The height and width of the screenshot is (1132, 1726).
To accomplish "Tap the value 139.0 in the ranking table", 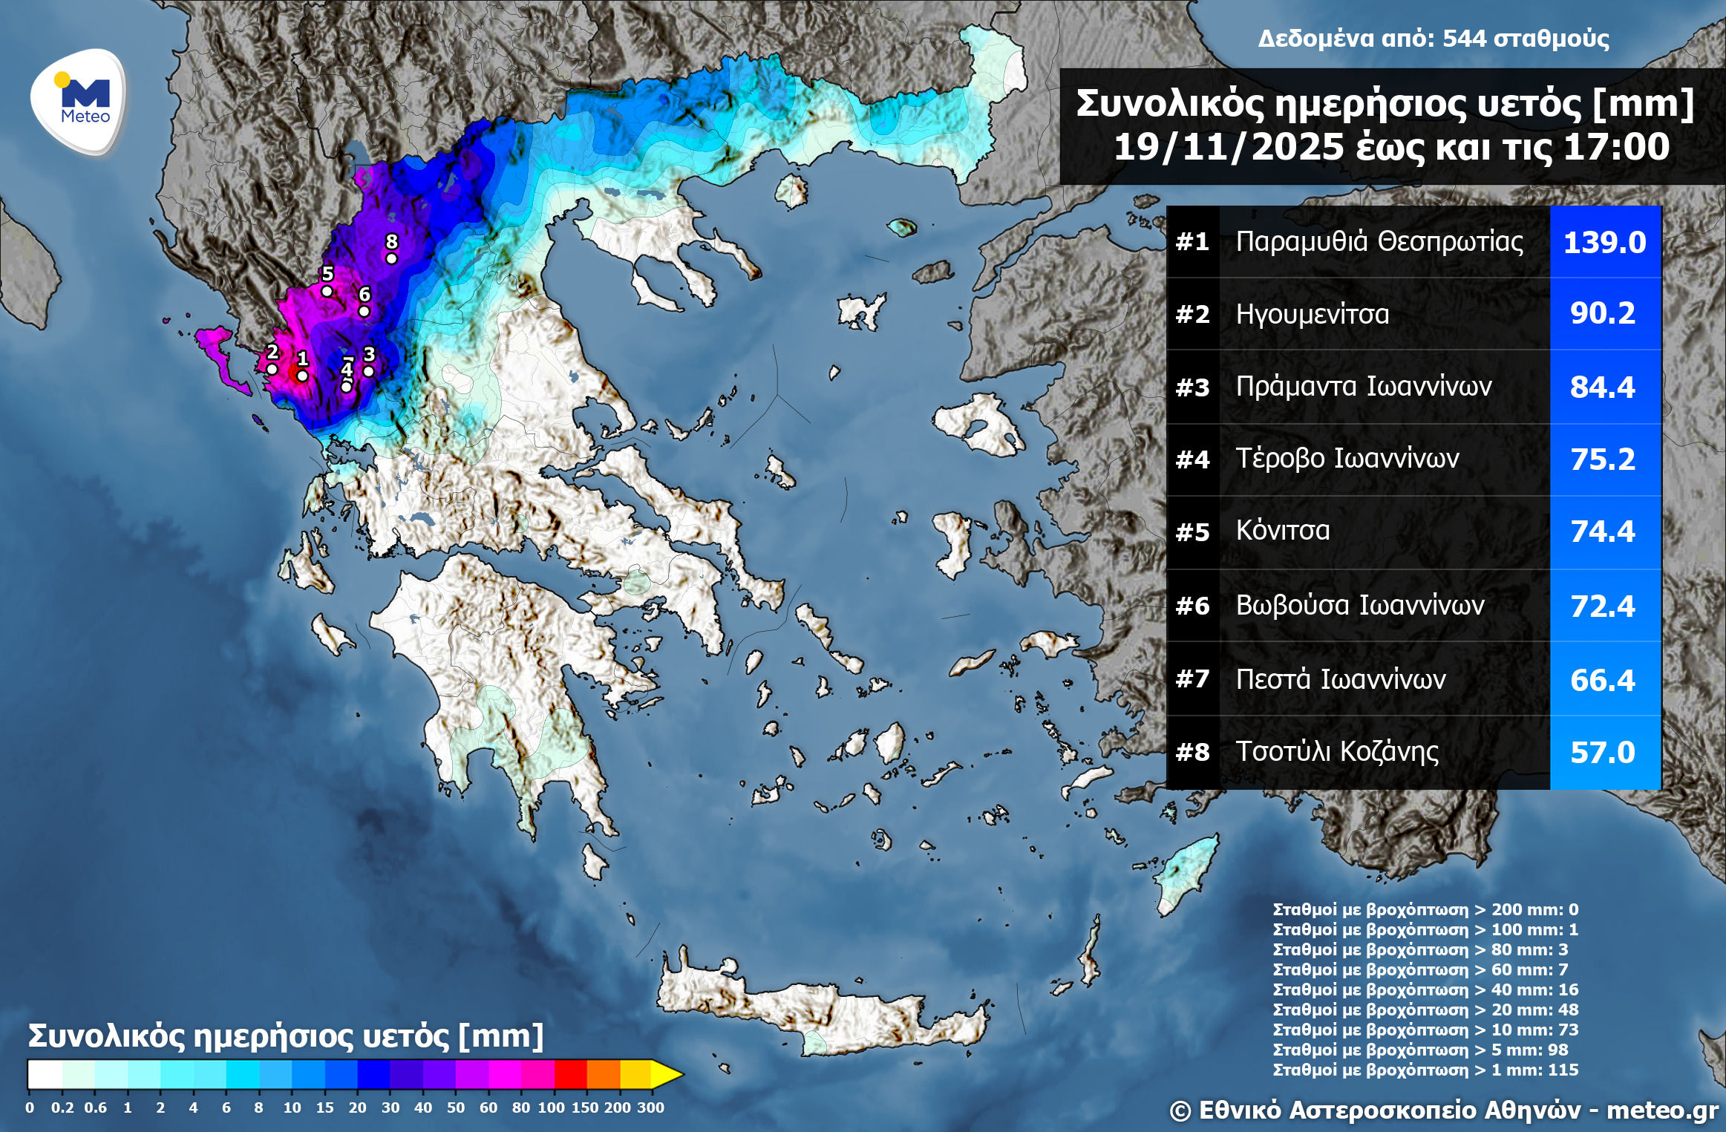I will tap(1604, 242).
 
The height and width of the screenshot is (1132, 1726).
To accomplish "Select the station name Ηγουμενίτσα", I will tap(1312, 314).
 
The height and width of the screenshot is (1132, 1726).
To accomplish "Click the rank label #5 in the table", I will tap(1192, 531).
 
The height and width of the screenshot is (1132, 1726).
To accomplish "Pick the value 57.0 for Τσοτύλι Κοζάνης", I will tap(1603, 752).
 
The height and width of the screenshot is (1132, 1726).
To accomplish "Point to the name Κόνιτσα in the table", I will tap(1282, 531).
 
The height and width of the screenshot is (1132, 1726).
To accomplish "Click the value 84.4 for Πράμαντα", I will tap(1603, 387).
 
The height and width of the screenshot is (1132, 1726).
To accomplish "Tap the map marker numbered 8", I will tap(391, 258).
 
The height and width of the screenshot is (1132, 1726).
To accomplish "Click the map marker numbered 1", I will tap(302, 376).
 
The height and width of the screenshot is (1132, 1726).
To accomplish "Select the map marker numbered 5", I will tap(327, 291).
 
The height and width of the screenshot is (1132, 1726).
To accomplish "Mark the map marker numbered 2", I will tap(272, 369).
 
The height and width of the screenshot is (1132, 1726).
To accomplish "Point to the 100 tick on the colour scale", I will tap(551, 1108).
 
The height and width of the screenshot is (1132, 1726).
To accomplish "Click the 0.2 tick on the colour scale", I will tap(62, 1108).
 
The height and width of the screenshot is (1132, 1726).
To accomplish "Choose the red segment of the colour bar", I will tap(570, 1074).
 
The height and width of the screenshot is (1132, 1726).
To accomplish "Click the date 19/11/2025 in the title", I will tap(1228, 147).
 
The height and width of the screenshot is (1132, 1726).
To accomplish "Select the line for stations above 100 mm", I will tap(1425, 929).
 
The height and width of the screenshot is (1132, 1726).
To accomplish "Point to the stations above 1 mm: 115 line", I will tap(1425, 1070).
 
